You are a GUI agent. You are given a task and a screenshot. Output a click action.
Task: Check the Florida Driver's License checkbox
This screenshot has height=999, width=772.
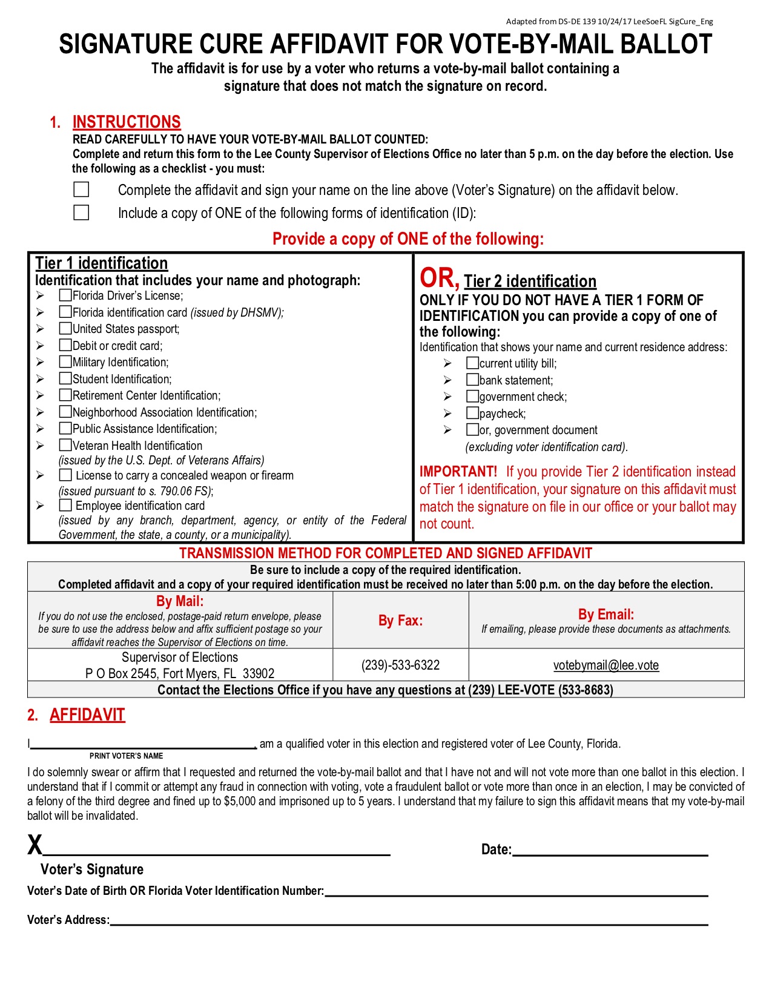coord(65,295)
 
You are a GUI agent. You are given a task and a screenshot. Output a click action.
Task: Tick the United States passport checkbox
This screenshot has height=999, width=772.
coord(65,329)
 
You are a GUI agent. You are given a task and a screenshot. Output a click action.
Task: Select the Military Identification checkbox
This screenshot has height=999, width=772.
coord(65,362)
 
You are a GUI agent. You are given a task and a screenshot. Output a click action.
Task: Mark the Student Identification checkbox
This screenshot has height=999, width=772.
coord(65,379)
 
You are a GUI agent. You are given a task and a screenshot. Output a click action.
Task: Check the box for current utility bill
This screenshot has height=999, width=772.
coord(472,363)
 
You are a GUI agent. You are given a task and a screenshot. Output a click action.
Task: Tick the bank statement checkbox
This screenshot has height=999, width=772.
coord(472,380)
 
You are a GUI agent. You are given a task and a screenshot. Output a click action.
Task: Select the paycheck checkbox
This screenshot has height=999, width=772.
coord(472,414)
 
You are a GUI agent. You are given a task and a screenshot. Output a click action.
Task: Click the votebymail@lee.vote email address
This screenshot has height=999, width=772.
coord(605,665)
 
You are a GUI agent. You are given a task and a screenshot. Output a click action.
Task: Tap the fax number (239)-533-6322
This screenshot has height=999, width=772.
coord(400,665)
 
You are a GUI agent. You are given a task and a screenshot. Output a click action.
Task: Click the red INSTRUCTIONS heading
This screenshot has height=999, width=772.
coord(127,122)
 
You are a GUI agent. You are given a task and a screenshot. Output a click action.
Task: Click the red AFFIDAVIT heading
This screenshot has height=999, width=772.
coord(87,715)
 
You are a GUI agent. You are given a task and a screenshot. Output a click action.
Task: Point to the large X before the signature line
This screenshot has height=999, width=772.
coord(35,845)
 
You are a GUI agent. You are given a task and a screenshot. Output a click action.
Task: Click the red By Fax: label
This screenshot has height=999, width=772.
coord(400,621)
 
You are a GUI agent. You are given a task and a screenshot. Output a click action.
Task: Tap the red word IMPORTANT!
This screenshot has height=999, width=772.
coord(458,472)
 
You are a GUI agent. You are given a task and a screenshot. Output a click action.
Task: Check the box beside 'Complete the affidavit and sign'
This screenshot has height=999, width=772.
coord(81,190)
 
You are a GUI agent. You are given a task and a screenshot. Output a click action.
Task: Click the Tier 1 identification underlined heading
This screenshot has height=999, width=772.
coord(101,263)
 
